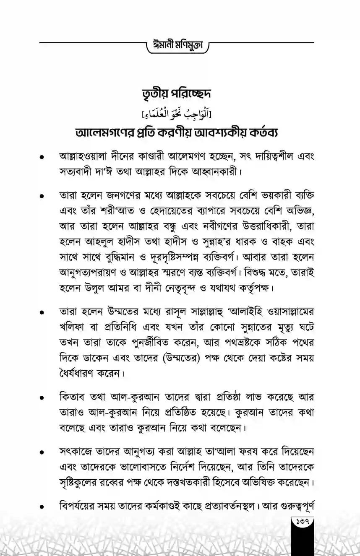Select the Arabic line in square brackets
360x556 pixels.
pyautogui.click(x=180, y=114)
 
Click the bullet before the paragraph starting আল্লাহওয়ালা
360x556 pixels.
pyautogui.click(x=41, y=158)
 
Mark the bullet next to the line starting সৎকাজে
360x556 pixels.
pyautogui.click(x=41, y=454)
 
